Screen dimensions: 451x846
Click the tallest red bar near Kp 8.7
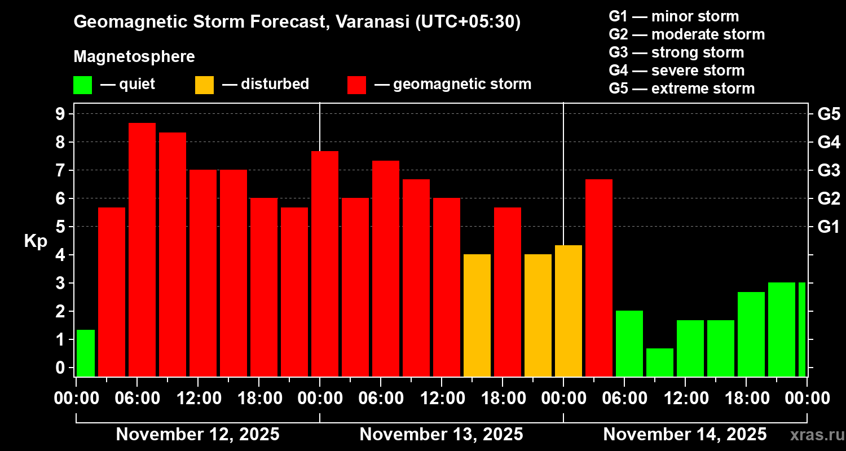[142, 249]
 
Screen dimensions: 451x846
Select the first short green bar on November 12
[86, 353]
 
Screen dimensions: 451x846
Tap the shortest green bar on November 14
[660, 362]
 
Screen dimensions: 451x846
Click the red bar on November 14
[599, 277]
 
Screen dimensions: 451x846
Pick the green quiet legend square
[82, 85]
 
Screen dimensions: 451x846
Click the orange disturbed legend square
[204, 85]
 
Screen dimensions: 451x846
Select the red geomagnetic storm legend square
[356, 85]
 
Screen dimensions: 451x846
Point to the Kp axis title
[36, 241]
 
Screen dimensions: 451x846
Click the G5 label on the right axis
[829, 114]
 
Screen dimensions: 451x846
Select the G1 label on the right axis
[829, 227]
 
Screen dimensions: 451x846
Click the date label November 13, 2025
[441, 435]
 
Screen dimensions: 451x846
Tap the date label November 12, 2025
[197, 435]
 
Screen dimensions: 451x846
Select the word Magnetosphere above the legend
[134, 57]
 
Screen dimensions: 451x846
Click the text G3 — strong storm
[676, 52]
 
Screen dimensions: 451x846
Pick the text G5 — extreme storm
[681, 89]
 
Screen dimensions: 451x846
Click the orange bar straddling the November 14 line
[569, 311]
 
